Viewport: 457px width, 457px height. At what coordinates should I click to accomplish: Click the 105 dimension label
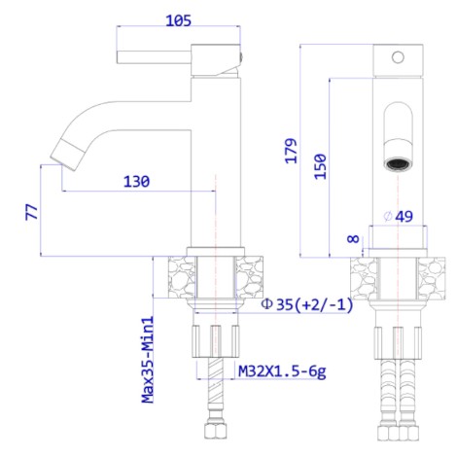point(178,20)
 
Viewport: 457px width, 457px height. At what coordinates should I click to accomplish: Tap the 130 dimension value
point(136,181)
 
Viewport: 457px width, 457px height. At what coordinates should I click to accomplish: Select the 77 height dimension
point(32,212)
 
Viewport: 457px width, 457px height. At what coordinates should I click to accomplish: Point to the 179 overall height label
point(291,151)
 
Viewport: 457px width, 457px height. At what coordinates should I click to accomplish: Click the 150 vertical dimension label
point(320,166)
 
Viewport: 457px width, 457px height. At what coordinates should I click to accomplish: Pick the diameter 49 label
point(398,216)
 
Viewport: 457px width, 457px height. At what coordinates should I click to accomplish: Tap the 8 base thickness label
point(353,239)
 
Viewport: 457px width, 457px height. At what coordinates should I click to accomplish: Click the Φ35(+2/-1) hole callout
point(307,304)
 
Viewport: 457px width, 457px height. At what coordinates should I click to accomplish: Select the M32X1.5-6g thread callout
point(282,371)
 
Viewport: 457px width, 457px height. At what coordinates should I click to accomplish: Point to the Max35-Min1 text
point(148,360)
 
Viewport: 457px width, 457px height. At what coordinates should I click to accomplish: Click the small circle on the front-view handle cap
point(398,57)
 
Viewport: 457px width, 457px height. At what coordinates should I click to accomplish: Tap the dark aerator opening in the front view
point(398,163)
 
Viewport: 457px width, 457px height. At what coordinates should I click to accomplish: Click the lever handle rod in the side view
point(154,57)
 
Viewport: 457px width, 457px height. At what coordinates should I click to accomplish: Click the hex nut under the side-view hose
point(216,430)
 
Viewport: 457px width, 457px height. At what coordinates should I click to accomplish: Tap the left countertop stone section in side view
point(182,277)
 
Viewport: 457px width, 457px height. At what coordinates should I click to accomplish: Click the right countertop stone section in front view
point(431,279)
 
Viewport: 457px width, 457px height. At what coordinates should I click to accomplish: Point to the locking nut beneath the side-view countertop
point(216,341)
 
